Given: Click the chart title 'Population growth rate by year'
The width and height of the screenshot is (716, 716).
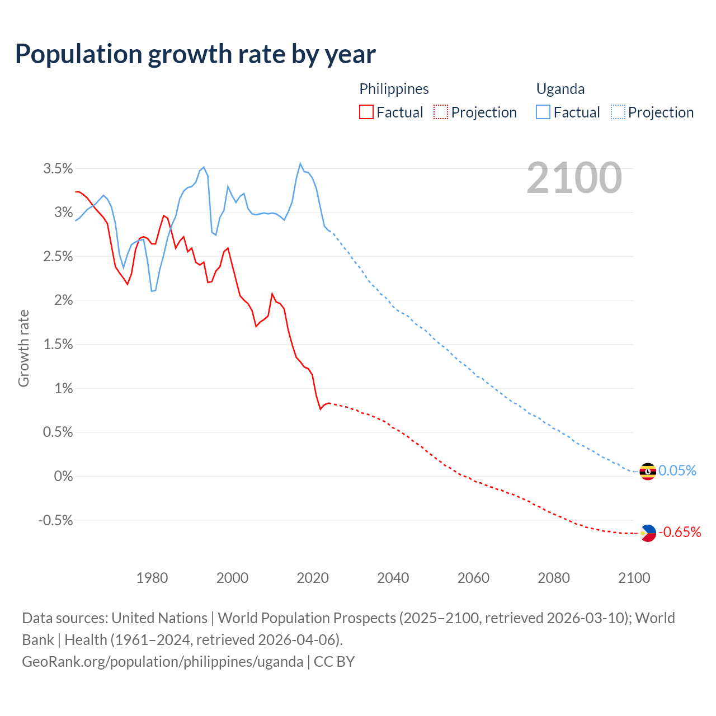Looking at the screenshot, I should [x=195, y=54].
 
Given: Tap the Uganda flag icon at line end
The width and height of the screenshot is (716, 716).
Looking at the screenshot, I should [x=647, y=472].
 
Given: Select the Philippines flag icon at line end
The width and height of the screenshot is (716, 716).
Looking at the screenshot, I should [x=647, y=533].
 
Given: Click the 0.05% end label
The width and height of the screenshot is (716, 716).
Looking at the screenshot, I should [x=677, y=471].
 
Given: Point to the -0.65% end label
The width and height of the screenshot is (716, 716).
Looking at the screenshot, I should [x=680, y=532].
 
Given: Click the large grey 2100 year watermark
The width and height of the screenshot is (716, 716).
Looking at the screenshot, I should [x=574, y=178].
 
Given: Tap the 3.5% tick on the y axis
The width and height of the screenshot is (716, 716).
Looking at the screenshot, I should [x=58, y=168].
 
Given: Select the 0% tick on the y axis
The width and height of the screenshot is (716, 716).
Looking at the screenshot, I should [x=63, y=477].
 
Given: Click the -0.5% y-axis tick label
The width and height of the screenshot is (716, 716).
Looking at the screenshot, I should [x=55, y=520].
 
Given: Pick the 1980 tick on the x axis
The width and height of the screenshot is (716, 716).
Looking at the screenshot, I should [x=152, y=578].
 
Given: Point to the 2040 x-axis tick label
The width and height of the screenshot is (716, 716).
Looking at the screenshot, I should [x=393, y=578].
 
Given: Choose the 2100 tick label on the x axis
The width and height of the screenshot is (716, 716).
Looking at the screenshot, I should [x=634, y=578].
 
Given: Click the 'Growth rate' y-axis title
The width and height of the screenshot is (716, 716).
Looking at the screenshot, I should [x=23, y=348].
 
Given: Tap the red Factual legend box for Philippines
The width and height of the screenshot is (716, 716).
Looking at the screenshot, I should [x=366, y=112].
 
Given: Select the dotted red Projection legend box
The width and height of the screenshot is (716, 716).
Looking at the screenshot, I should [x=441, y=112].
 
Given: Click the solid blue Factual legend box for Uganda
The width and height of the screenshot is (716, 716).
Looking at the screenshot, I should [x=543, y=112].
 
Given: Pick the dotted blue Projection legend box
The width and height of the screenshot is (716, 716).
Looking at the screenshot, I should [x=618, y=112].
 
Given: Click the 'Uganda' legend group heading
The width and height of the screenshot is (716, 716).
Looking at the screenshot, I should [x=560, y=89].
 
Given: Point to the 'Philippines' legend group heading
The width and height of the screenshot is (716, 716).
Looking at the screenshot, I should [x=394, y=89].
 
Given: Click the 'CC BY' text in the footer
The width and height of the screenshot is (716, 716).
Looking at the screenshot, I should [x=334, y=662].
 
